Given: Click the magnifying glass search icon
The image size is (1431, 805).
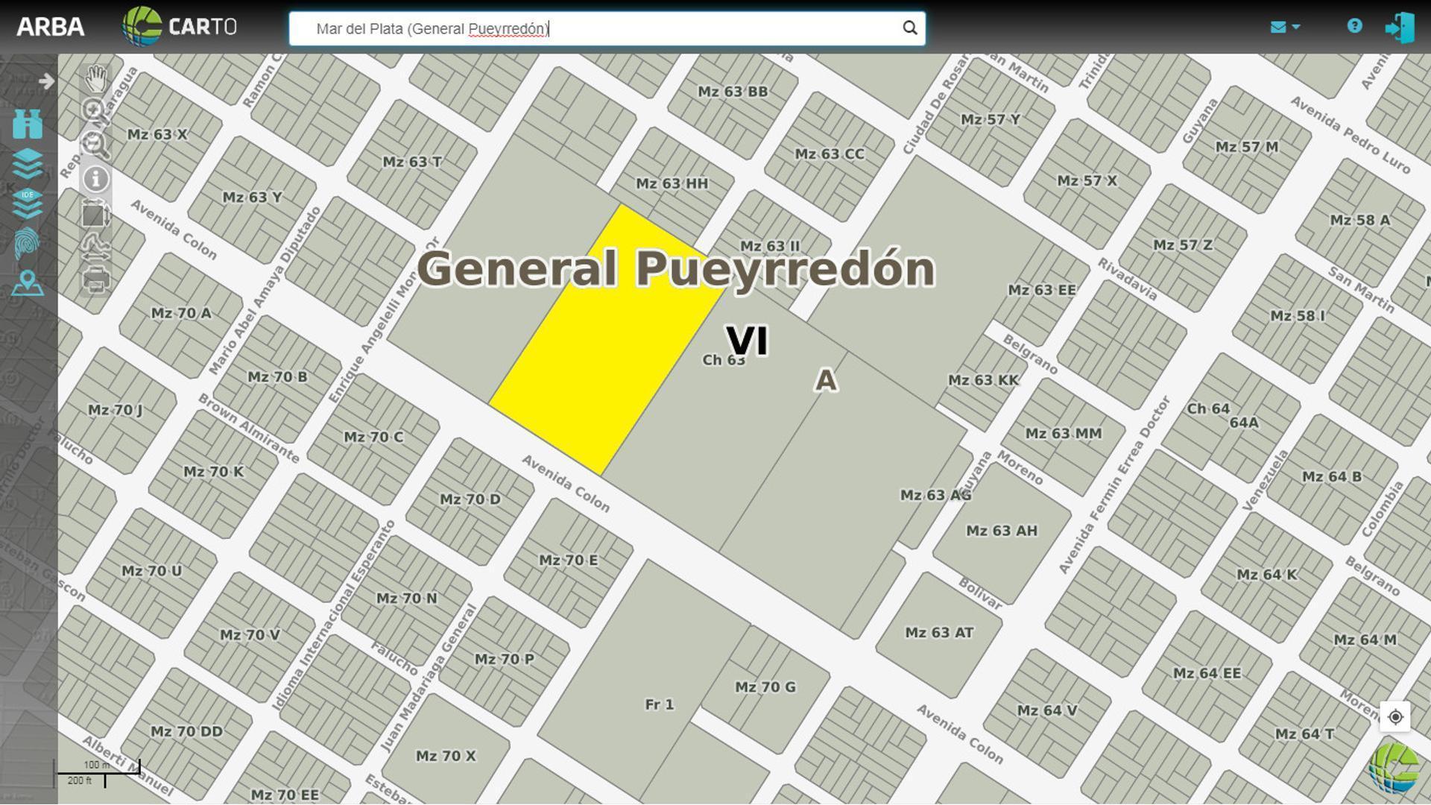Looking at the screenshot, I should click(909, 28).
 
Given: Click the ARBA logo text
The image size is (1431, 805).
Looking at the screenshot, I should click(50, 27).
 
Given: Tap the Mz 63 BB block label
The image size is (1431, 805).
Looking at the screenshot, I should click(733, 92).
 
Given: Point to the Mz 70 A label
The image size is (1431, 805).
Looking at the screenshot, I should click(181, 313).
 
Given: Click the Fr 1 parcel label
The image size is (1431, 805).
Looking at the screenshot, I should click(660, 704).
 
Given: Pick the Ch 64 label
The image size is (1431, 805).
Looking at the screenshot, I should click(1208, 408).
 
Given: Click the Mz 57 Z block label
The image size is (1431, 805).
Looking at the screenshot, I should click(1182, 245).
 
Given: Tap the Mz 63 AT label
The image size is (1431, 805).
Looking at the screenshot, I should click(939, 633).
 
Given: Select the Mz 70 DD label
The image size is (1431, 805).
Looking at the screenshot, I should click(186, 731).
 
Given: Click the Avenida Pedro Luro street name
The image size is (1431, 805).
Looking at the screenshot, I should click(1350, 135).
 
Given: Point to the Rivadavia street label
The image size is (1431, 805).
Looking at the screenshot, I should click(1127, 280).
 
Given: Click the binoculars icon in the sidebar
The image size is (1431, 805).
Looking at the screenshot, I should click(28, 124).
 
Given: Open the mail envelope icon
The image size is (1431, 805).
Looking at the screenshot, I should click(1278, 28).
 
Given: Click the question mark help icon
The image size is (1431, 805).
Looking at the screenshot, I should click(1354, 26).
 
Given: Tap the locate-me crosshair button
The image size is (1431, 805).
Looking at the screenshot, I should click(1395, 717).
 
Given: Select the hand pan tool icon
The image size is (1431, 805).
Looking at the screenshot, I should click(96, 78).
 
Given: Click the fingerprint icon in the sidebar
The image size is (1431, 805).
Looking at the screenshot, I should click(28, 243).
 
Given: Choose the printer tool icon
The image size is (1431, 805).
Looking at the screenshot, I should click(96, 281).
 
